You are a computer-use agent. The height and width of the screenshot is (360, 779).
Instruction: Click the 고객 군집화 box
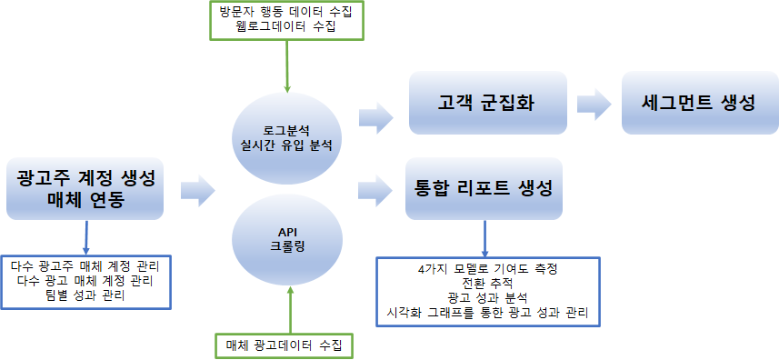coord(487,102)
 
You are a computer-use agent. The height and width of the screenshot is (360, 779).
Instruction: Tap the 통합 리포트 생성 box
coord(483,189)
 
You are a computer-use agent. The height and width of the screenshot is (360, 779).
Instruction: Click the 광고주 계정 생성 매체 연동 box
coord(85,187)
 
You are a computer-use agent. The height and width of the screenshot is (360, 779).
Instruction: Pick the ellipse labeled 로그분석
coord(288,137)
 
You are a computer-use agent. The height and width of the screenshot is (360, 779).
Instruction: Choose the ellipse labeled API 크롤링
coord(288,239)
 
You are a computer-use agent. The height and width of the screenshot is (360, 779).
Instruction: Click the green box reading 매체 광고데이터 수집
coord(285,345)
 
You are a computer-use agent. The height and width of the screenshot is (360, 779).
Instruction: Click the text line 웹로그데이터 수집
coord(285,26)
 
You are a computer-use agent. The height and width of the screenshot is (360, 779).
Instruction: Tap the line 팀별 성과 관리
coord(86,295)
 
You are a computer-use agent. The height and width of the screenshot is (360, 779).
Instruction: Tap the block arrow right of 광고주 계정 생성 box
coord(197,190)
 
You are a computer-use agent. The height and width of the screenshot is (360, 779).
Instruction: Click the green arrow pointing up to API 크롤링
coord(289,309)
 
